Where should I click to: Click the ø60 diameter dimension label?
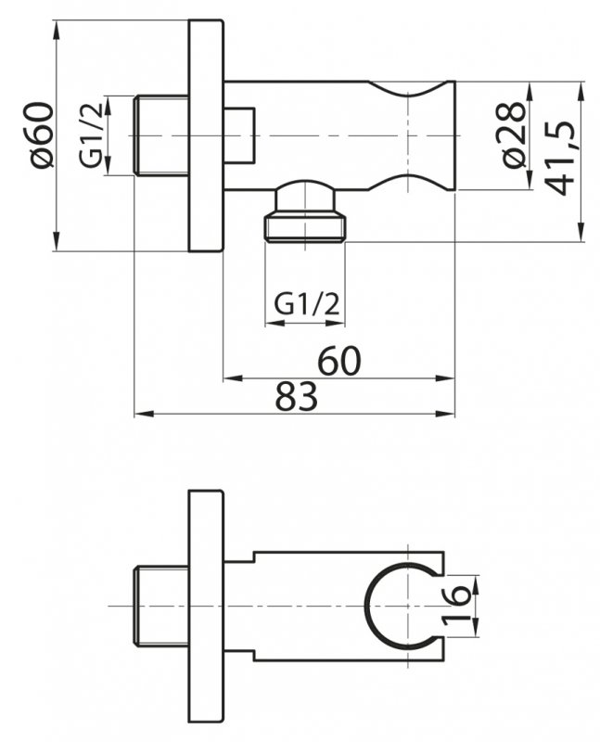pos(43,135)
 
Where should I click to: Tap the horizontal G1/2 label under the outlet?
pos(305,303)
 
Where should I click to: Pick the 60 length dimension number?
pos(339,361)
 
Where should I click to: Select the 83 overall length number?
pos(296,397)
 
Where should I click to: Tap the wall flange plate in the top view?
pos(206,135)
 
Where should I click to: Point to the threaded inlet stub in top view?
pos(161,135)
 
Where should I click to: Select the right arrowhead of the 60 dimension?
pos(449,378)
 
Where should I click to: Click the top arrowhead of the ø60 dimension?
pos(57,26)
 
